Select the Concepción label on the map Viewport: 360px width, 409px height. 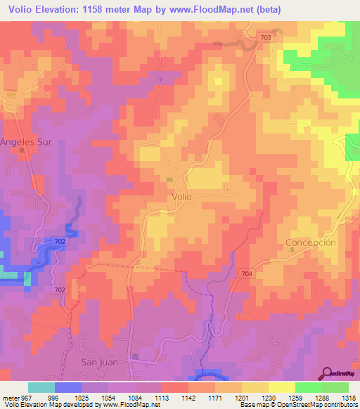tap(311, 242)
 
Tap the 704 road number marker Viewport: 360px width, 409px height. tap(246, 273)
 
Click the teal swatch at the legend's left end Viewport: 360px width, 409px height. tap(41, 387)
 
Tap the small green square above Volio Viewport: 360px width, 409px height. tap(169, 181)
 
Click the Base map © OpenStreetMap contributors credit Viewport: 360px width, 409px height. tap(296, 405)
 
